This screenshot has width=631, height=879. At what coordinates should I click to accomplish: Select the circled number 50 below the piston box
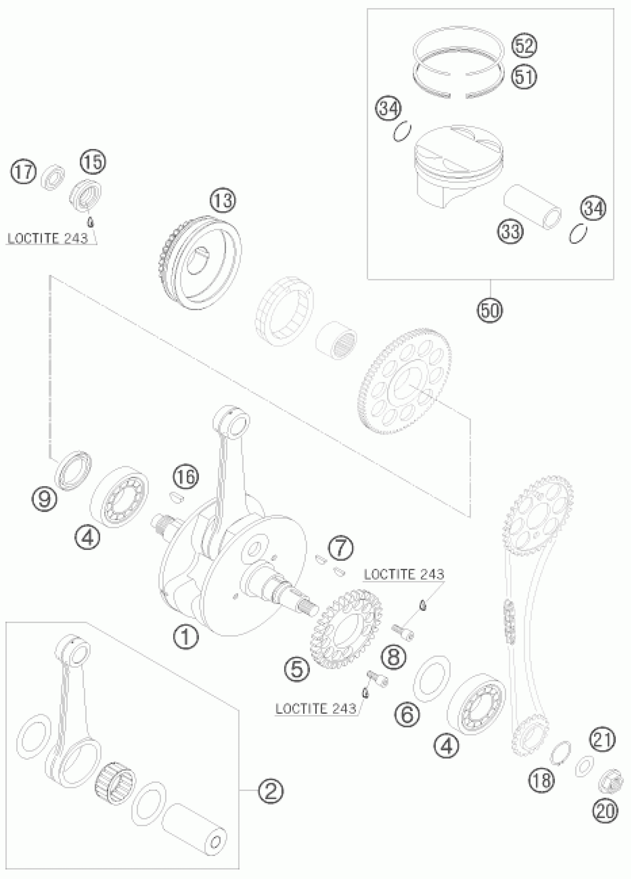click(x=490, y=310)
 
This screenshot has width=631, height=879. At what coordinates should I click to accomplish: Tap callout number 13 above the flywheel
click(x=223, y=201)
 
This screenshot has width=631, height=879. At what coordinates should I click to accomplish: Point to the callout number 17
click(x=23, y=171)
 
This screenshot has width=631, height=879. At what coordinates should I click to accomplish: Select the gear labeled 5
click(x=346, y=629)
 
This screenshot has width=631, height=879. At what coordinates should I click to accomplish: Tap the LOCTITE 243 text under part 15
click(x=48, y=238)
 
